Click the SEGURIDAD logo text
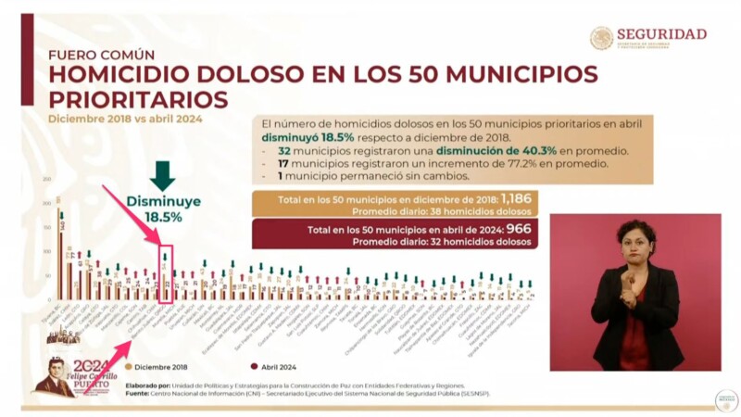661,33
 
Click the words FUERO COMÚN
102,55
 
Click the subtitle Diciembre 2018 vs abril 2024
125,119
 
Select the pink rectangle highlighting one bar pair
166,274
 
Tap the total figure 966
519,229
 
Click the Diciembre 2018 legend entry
158,365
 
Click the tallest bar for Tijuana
60,250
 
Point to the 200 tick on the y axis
46,203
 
